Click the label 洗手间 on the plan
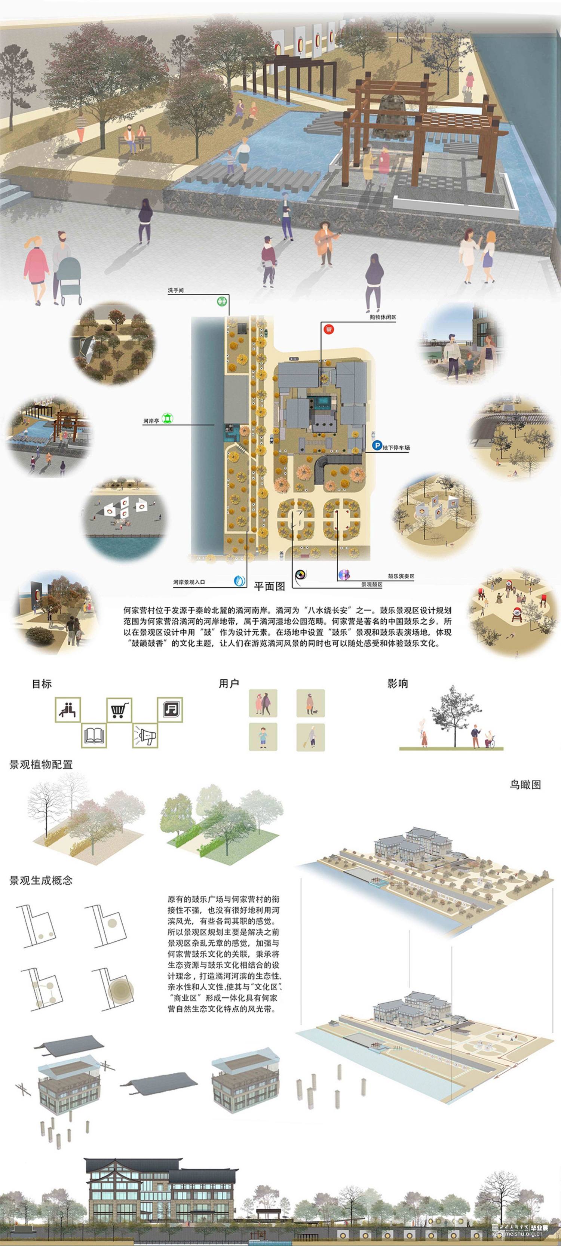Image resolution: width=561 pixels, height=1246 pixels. point(175,291)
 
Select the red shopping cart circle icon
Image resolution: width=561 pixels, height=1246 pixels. point(329,329)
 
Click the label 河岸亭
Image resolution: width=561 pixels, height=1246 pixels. point(151,421)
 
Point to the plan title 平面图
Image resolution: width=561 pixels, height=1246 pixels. point(270,586)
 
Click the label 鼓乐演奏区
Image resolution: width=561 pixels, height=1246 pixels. point(401,576)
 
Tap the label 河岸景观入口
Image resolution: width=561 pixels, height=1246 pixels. point(189,582)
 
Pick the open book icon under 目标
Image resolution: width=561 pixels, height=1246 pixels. point(94,736)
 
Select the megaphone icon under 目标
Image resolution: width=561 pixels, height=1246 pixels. point(145,736)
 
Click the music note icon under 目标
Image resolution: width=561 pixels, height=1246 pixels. point(170,710)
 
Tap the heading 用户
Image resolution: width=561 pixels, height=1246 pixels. point(229,683)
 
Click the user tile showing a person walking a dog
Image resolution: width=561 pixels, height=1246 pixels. point(310,703)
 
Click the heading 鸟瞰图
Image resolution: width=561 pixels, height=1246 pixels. point(525,785)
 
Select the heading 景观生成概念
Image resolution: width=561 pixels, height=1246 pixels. point(41,880)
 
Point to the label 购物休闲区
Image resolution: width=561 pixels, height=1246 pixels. point(382,317)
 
